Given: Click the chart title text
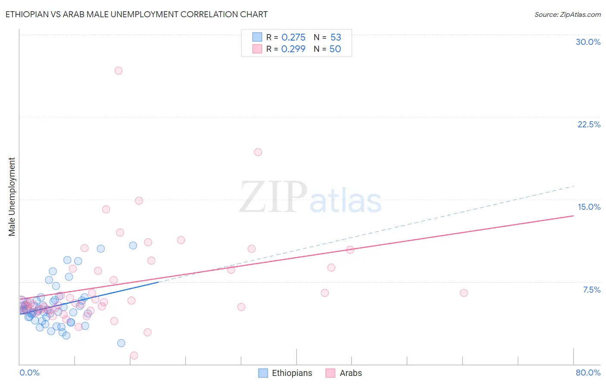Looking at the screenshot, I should (136, 14).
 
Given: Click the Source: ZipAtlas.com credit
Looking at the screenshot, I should (567, 14).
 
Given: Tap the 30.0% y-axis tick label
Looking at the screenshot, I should (588, 42).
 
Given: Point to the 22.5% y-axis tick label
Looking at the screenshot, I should (589, 124).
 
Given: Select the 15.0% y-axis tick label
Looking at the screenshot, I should (589, 207).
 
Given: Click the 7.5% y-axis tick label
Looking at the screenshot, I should (591, 290).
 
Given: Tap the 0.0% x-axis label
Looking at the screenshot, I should (29, 372).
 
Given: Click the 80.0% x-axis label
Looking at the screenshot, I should (588, 372).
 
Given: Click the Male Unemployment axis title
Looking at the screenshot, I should (12, 197).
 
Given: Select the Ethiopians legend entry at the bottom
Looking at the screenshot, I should (285, 373).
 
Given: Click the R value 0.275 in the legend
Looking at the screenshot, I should (293, 38).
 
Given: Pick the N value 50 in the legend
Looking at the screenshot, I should (335, 49).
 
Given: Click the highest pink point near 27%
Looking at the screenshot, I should (119, 71).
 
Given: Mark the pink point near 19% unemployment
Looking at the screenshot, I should (258, 152).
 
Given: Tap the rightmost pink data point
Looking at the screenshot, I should (464, 293).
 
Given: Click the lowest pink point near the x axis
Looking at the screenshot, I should (134, 356).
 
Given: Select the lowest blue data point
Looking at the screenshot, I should (121, 343).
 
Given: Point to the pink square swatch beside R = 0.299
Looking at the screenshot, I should (257, 49).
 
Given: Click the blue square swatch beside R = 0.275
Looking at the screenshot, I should (257, 37).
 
